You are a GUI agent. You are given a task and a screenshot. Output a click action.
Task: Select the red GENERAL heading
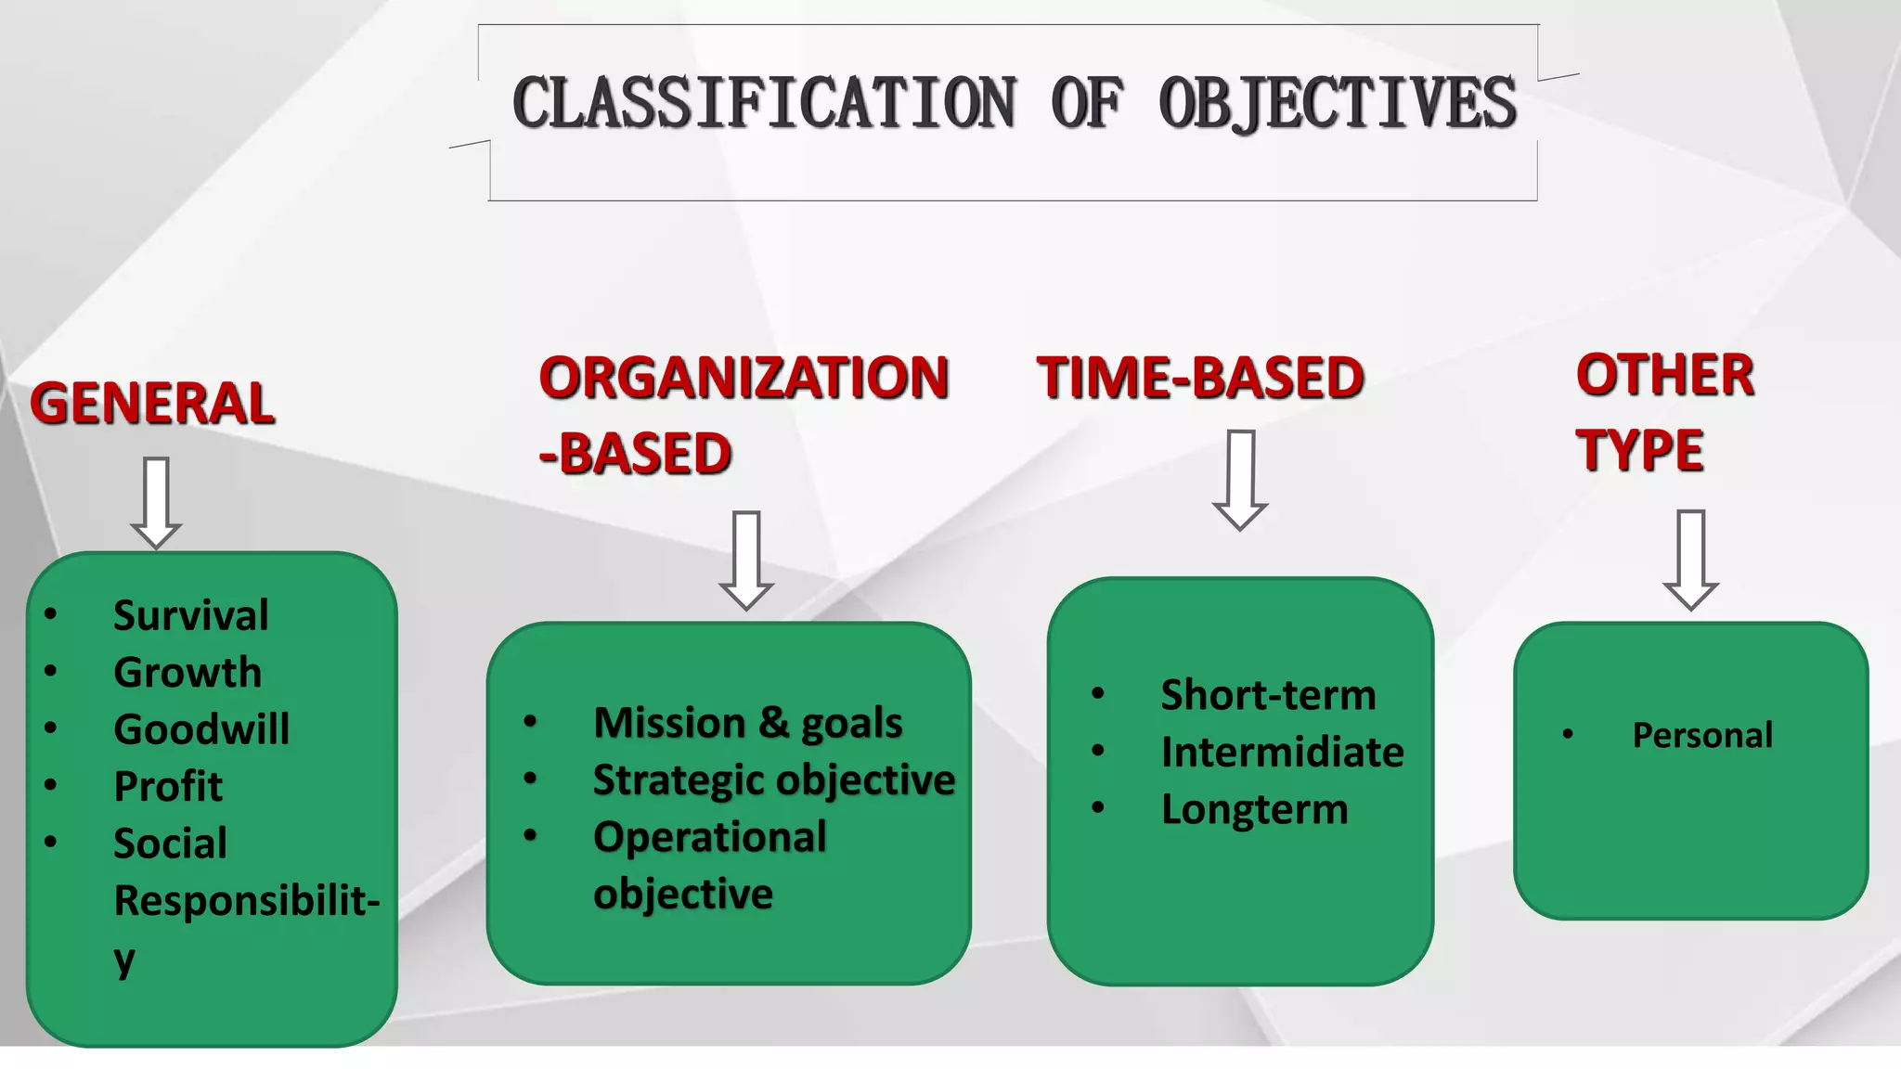(x=152, y=404)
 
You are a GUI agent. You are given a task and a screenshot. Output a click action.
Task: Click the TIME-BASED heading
(x=1200, y=378)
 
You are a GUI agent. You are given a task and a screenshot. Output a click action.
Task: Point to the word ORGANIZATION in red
(x=744, y=378)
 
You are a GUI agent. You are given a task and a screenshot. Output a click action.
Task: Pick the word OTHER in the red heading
(x=1665, y=375)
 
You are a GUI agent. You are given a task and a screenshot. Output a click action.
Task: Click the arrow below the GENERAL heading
(x=156, y=502)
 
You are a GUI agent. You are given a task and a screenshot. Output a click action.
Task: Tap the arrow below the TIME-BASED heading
(x=1240, y=479)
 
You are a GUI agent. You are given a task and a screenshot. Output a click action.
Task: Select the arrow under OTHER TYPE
(x=1690, y=559)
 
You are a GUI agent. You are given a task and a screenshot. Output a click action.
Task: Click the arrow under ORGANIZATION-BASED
(x=746, y=560)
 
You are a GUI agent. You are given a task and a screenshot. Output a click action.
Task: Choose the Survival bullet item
(x=190, y=615)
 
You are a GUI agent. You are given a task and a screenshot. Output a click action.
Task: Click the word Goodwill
(x=201, y=729)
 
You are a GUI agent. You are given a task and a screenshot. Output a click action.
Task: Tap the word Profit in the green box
(x=168, y=787)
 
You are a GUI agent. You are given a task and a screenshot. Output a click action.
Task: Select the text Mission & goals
(x=747, y=723)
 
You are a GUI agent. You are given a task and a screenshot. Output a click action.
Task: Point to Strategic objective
(x=773, y=779)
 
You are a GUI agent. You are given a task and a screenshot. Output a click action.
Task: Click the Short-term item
(x=1268, y=695)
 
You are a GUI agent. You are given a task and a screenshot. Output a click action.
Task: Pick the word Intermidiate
(x=1282, y=752)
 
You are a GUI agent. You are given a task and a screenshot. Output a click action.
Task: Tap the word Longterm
(x=1254, y=809)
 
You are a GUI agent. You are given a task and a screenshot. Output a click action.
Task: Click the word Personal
(x=1702, y=735)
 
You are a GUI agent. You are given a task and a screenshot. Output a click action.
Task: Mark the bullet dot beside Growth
(x=51, y=671)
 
